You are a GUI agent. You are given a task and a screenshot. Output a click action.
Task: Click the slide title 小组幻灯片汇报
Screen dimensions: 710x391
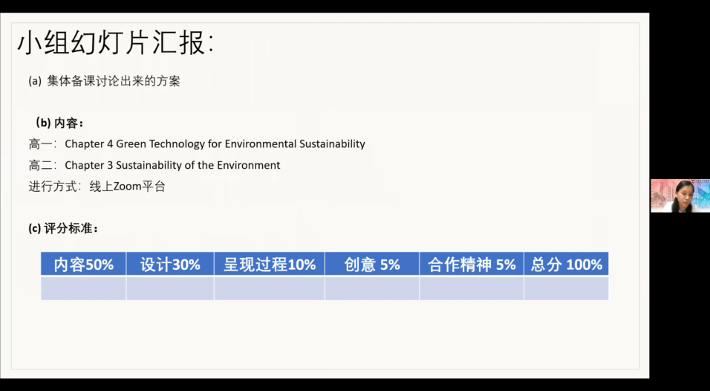115,43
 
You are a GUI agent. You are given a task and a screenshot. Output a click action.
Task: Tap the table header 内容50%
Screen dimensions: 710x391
83,264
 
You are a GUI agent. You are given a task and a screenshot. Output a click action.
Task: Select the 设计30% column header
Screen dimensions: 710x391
170,264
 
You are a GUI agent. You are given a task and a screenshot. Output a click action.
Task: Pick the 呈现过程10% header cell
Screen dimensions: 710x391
270,264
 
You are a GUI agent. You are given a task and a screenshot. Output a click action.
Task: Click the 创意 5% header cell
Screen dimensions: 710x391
372,264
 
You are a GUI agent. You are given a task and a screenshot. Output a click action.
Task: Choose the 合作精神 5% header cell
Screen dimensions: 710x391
472,264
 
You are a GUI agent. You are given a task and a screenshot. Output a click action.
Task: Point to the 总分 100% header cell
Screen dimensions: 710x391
566,264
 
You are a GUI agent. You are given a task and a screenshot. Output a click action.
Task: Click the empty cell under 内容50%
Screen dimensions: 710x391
83,288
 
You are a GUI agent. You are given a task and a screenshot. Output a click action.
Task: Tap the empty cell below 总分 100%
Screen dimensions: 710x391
566,288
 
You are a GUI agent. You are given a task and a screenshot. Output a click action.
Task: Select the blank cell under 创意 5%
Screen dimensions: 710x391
372,288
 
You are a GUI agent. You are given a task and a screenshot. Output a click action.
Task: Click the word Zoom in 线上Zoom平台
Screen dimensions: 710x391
127,187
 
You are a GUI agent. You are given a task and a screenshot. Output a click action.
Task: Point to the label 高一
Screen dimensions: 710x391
41,144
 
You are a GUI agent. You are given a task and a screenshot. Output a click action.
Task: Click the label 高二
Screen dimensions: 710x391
41,165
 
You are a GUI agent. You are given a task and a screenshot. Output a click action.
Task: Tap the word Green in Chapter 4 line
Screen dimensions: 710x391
131,143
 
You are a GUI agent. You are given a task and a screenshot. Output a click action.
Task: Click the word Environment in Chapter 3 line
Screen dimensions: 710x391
249,165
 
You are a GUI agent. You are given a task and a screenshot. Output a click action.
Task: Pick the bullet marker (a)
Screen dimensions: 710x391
35,81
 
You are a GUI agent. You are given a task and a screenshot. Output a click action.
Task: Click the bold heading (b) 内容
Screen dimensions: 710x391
59,123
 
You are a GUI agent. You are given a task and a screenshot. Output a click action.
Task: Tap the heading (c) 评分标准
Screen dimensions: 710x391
63,228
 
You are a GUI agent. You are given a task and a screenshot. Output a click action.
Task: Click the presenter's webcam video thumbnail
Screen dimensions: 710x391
680,195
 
